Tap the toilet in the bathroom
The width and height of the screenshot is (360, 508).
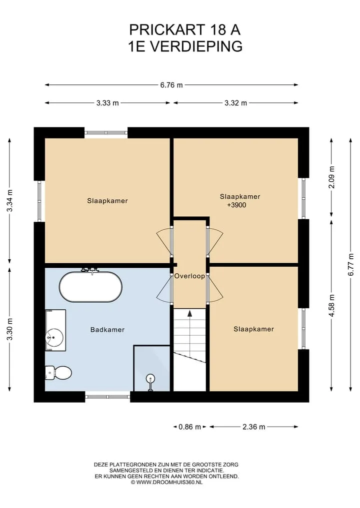click(x=58, y=373)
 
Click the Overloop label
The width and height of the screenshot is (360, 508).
click(x=189, y=276)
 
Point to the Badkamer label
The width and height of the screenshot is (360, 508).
click(x=107, y=330)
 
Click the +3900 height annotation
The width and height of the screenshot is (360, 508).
click(x=237, y=205)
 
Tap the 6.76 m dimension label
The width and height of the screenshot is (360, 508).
click(x=171, y=85)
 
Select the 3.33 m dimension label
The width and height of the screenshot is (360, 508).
click(x=107, y=103)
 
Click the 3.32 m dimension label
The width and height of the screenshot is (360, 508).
click(x=236, y=103)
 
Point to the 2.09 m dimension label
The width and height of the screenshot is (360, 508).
click(x=331, y=177)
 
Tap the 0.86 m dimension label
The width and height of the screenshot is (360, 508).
click(x=189, y=427)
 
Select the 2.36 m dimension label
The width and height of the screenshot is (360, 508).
click(x=254, y=427)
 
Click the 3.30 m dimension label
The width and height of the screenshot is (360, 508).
click(x=9, y=330)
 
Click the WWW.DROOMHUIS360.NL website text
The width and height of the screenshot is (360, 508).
click(x=166, y=483)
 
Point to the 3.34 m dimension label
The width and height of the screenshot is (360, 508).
click(x=9, y=200)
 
